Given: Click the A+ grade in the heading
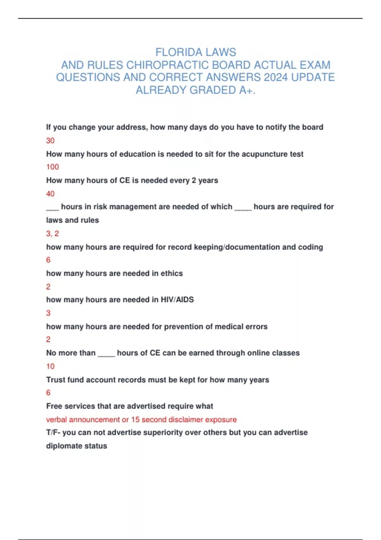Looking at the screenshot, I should tap(247, 90).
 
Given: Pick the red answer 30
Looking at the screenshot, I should tap(50, 140).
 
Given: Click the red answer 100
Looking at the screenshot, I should tap(52, 167).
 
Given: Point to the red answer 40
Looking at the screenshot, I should tap(50, 193).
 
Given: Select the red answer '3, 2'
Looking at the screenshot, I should tap(52, 233).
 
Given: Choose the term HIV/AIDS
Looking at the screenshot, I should tap(177, 300).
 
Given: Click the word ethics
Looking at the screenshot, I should tap(171, 273).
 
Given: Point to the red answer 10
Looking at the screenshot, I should tap(50, 366).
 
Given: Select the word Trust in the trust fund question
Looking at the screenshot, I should tap(55, 380).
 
